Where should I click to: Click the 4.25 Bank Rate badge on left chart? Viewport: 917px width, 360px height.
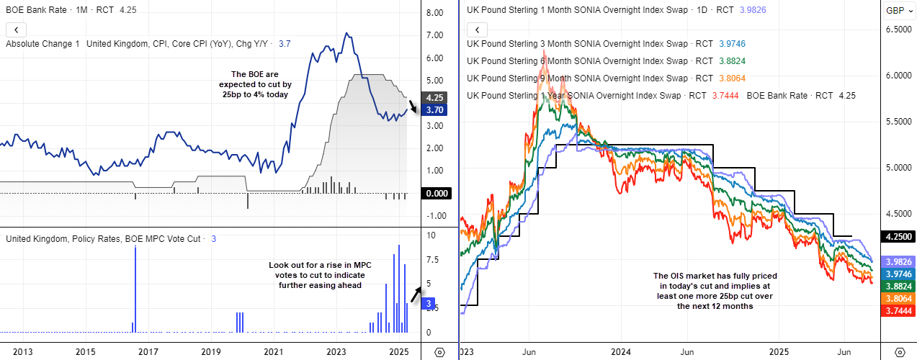[x=434, y=98]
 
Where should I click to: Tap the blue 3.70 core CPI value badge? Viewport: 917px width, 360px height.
[x=434, y=110]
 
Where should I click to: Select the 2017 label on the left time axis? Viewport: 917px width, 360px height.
[x=148, y=352]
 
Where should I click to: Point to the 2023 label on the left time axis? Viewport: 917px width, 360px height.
[x=336, y=352]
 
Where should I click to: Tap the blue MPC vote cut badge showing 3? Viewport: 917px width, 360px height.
[x=428, y=305]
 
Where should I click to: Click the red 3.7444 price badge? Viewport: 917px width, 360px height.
[x=899, y=310]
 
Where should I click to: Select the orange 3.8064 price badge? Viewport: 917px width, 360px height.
[x=899, y=298]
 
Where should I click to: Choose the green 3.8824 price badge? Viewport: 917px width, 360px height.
[x=899, y=286]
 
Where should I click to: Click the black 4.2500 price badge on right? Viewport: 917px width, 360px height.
[x=899, y=236]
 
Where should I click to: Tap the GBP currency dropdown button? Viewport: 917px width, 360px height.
[x=898, y=10]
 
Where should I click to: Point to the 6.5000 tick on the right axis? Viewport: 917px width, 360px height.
[x=898, y=30]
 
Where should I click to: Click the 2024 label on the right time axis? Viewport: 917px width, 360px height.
[x=620, y=352]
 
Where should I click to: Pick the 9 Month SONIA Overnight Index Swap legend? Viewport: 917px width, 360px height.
[x=577, y=78]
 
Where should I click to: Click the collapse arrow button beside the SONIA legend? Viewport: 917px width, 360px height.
[x=478, y=30]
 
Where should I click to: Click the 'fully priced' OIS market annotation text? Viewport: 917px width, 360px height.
[x=715, y=291]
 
